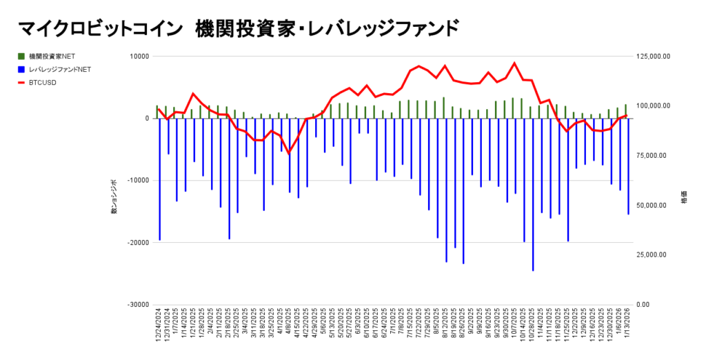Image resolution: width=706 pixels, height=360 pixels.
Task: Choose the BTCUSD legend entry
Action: [43, 83]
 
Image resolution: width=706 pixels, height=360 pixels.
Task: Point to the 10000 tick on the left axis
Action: [139, 57]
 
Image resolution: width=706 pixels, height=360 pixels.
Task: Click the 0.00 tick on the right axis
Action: [643, 305]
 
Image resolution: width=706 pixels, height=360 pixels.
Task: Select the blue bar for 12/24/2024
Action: [159, 179]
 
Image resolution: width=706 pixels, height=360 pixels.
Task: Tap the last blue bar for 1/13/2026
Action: [628, 166]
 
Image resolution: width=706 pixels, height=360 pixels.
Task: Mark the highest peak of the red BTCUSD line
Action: [514, 63]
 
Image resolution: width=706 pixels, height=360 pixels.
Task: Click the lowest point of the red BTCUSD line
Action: [290, 153]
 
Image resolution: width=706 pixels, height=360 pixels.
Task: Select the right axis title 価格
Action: [684, 197]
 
